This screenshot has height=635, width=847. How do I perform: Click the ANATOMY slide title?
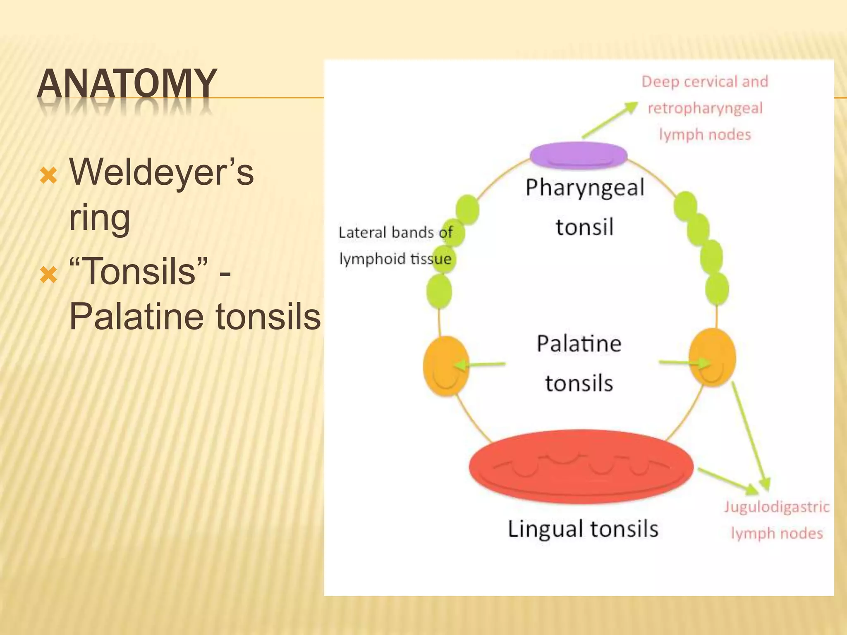(x=127, y=84)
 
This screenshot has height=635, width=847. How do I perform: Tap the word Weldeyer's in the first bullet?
(x=161, y=172)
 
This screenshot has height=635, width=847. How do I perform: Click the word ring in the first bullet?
(x=99, y=218)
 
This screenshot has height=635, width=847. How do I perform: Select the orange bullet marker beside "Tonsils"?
(x=48, y=274)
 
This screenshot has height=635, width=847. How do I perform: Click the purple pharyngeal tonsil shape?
(x=578, y=155)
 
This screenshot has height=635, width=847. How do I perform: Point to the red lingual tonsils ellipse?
(x=581, y=466)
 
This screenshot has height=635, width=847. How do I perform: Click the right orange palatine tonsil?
(x=712, y=357)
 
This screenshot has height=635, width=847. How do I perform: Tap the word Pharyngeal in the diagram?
(x=585, y=188)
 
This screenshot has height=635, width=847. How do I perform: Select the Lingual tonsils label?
(x=583, y=529)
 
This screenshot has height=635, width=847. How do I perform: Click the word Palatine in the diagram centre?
(x=579, y=344)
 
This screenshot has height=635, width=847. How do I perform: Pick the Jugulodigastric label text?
(x=777, y=507)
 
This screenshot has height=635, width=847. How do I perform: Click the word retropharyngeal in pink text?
(x=705, y=108)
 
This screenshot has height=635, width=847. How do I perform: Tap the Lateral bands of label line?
(x=395, y=232)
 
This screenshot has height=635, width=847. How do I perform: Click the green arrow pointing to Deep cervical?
(x=610, y=120)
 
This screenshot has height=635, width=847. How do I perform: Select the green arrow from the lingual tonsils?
(x=728, y=481)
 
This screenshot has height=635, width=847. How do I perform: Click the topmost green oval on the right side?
(x=685, y=205)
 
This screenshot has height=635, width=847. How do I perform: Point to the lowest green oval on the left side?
(x=439, y=291)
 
